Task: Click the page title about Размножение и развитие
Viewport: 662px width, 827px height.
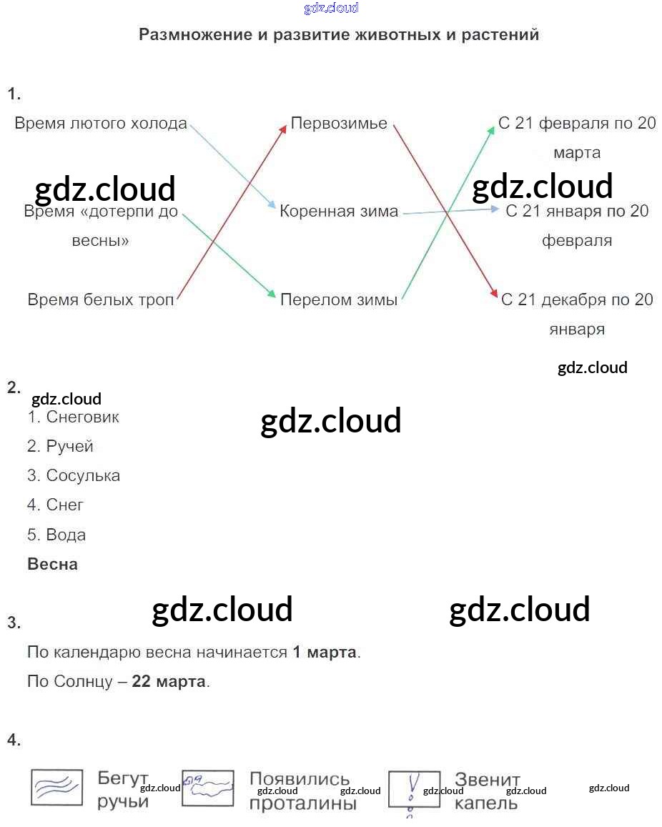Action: (339, 35)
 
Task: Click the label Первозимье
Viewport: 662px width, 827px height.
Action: (339, 124)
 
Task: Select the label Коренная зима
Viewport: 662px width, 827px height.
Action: (339, 212)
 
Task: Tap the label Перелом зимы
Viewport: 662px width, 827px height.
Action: (339, 300)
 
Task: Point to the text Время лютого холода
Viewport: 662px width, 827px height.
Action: (101, 124)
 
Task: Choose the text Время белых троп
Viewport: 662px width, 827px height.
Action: (101, 300)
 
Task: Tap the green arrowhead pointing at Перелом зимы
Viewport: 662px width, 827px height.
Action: (272, 294)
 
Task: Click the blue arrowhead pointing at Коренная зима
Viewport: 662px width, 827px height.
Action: (272, 206)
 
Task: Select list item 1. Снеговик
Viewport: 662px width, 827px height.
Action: (73, 417)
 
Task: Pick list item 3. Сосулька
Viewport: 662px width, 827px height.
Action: (73, 475)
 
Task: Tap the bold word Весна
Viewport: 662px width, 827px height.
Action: (52, 564)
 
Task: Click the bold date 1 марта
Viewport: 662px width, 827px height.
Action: (325, 652)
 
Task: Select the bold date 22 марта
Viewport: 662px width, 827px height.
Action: (169, 681)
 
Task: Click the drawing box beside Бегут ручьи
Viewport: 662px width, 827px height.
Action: (58, 788)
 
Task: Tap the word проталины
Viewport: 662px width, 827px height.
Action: (302, 803)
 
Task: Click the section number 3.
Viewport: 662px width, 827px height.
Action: (14, 623)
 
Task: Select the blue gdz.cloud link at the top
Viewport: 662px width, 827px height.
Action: (330, 9)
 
